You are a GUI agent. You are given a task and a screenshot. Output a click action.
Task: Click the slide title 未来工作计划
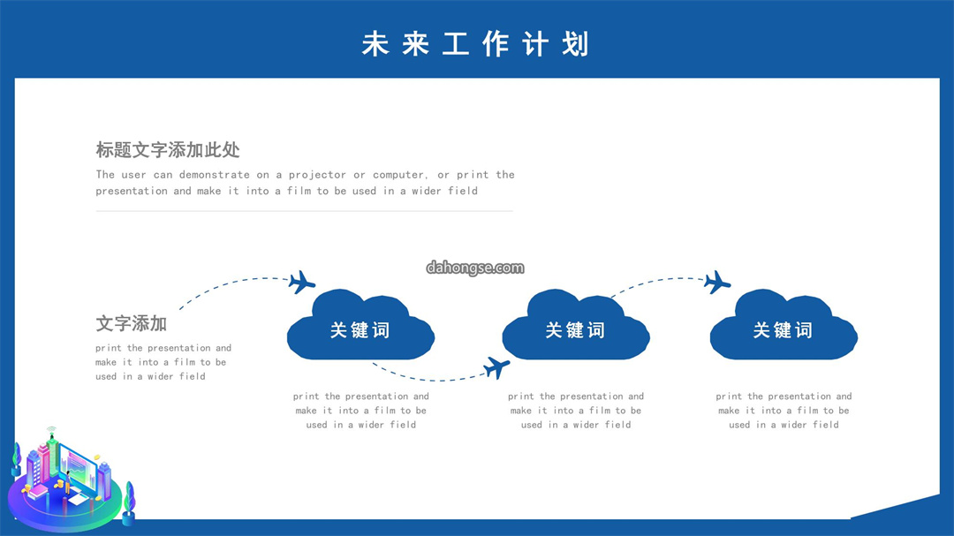tap(475, 44)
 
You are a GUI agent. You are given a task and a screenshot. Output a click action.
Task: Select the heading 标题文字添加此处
tap(167, 149)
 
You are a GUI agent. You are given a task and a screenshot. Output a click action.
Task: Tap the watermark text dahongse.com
tap(475, 268)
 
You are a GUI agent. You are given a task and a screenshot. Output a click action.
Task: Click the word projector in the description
tap(317, 175)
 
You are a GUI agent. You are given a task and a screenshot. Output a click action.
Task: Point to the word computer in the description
tap(399, 175)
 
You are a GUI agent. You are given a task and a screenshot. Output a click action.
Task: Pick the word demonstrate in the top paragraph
tap(214, 175)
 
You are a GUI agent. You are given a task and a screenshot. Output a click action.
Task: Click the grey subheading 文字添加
tap(131, 323)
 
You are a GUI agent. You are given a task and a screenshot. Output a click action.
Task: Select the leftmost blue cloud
tap(360, 325)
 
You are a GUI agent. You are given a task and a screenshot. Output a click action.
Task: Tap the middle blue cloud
tap(576, 325)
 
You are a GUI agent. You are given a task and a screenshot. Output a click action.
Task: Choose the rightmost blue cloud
tap(784, 325)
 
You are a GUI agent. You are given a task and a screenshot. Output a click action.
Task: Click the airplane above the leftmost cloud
tap(301, 283)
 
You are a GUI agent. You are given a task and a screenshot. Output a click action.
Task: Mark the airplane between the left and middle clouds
tap(496, 367)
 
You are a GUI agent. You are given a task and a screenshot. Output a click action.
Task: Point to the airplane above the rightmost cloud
tap(716, 283)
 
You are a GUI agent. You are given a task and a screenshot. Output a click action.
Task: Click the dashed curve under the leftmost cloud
tap(426, 380)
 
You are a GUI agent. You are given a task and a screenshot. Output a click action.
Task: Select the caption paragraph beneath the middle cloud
tap(576, 411)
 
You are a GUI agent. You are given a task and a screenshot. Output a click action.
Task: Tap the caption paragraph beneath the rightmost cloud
tap(784, 411)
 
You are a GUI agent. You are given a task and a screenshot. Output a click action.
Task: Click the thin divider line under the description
tap(304, 211)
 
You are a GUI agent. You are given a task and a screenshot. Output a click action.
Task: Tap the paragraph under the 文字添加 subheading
tap(163, 362)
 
